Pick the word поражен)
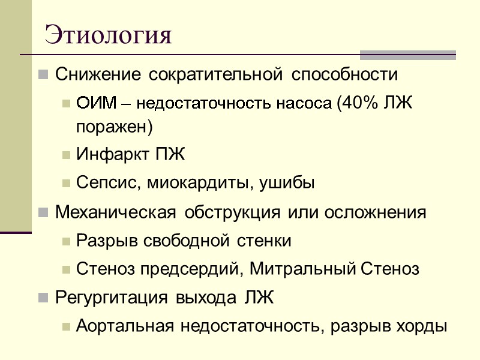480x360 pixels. pos(115,127)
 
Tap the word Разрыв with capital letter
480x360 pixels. pos(101,241)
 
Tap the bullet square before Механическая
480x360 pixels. pos(43,213)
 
